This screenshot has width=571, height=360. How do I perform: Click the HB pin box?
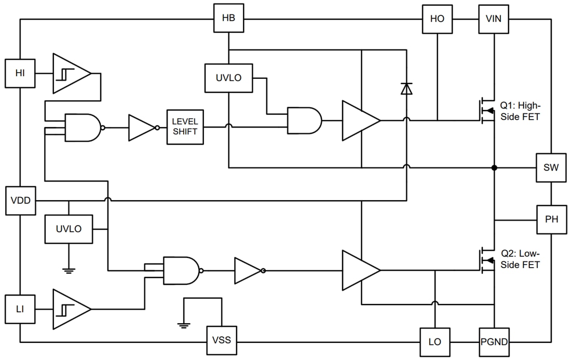click(x=228, y=19)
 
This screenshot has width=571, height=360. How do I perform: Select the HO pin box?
click(x=437, y=19)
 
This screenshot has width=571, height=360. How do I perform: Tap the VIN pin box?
click(x=493, y=19)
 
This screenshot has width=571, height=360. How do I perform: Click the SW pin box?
click(x=551, y=168)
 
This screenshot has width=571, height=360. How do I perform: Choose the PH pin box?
click(x=551, y=219)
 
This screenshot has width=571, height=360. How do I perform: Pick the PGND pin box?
click(x=493, y=342)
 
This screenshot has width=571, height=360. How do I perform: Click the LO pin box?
click(x=435, y=342)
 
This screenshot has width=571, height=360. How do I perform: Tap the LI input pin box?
click(x=20, y=310)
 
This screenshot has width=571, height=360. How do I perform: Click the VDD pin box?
click(x=20, y=201)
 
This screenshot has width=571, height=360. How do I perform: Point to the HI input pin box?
click(x=20, y=73)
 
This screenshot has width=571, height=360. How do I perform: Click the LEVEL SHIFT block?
click(x=185, y=127)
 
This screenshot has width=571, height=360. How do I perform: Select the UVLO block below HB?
click(x=228, y=78)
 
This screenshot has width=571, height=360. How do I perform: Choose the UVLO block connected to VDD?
click(x=69, y=229)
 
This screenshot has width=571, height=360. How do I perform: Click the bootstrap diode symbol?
click(x=406, y=89)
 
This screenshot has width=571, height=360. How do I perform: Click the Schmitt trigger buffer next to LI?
click(x=71, y=309)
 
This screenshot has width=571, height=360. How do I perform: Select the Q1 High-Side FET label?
click(x=520, y=110)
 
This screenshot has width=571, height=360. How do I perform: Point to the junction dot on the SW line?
click(x=494, y=168)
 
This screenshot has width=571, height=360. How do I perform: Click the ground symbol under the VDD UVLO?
click(x=69, y=269)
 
